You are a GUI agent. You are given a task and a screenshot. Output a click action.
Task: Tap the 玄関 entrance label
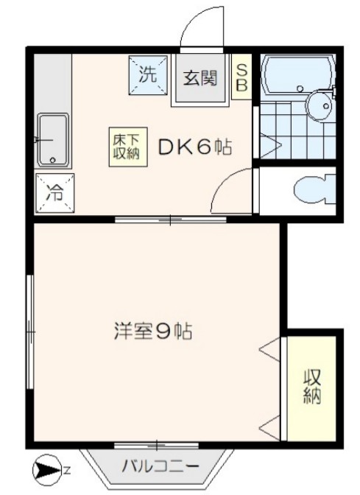199,76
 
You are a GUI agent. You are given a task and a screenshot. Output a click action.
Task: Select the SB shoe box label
241,77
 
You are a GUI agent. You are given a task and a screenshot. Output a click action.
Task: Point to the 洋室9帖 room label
153,331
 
